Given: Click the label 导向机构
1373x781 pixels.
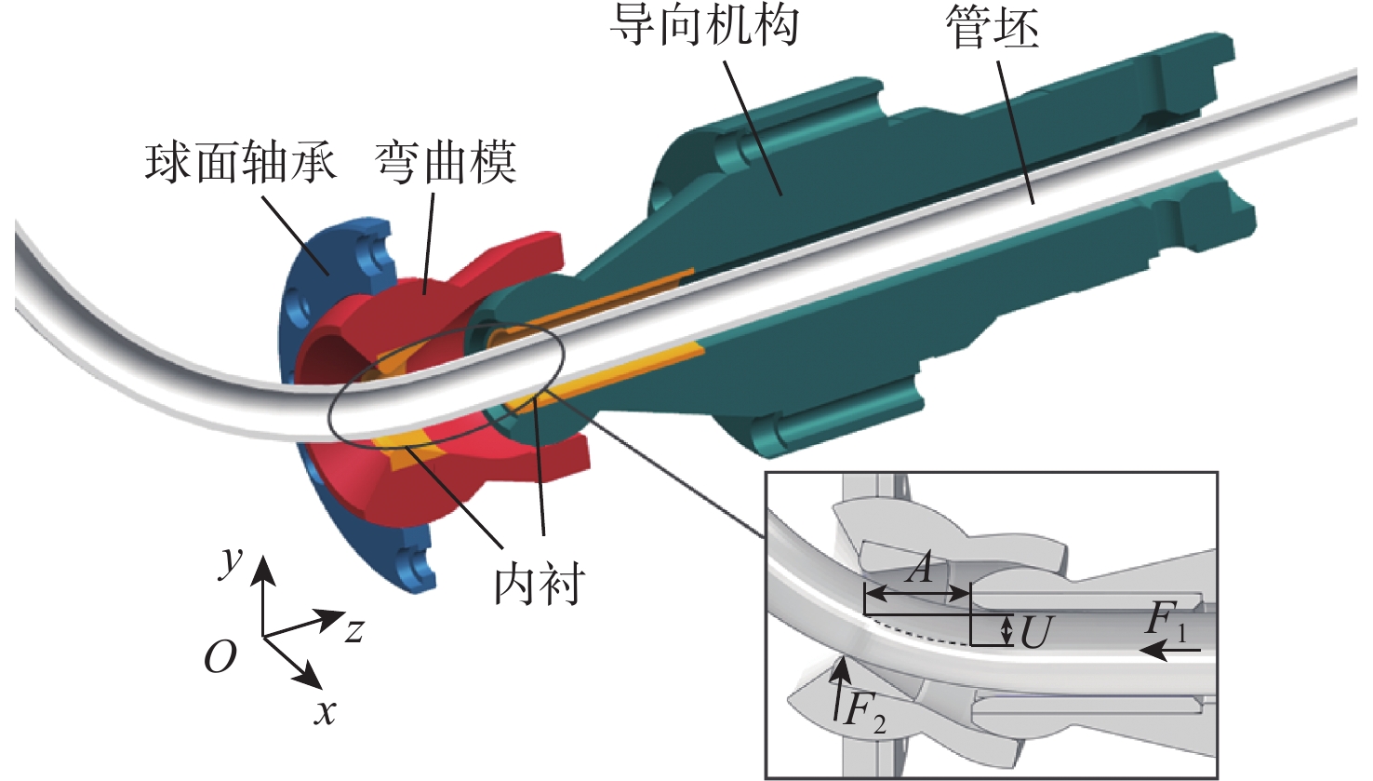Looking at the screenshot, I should tap(704, 25).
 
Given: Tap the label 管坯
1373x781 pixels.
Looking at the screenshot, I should tap(992, 29).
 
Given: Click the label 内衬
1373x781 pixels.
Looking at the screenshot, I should tap(540, 584).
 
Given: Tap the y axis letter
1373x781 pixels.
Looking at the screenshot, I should tap(230, 561).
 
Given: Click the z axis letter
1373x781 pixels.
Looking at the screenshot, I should tap(353, 631).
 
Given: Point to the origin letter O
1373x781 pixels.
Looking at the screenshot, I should tap(220, 657).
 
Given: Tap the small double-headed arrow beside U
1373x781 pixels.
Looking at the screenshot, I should tap(1006, 630).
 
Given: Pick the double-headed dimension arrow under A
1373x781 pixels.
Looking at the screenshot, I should tap(917, 591).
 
